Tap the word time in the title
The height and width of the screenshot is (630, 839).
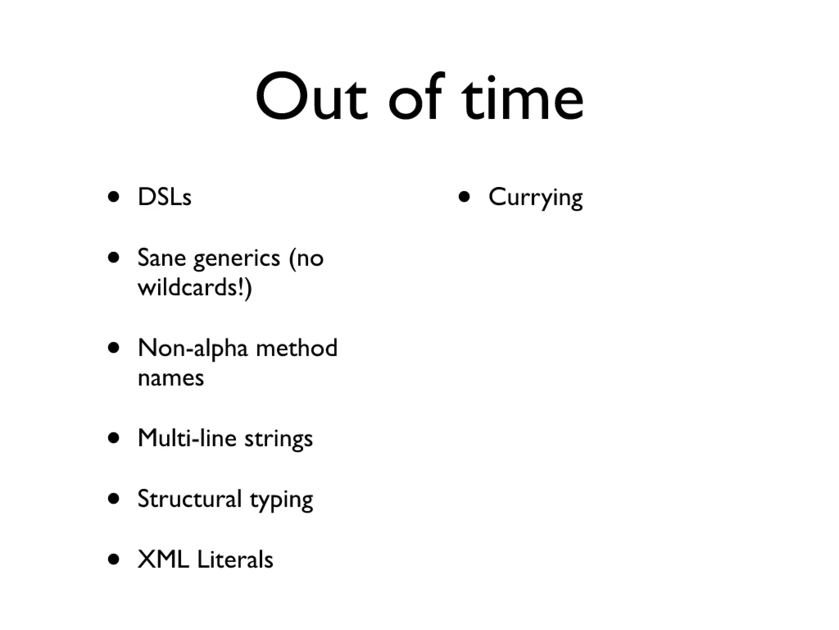tap(522, 98)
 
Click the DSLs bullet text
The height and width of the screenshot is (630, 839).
tap(164, 197)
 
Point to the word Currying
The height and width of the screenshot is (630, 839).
tap(535, 198)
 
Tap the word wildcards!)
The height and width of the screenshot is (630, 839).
tap(195, 287)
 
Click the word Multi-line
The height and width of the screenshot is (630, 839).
tap(187, 438)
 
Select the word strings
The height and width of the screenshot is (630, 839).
tap(279, 439)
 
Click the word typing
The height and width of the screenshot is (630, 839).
tap(281, 501)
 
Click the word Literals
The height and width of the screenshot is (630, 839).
tap(235, 559)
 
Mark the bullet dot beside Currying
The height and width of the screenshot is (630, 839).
tap(464, 197)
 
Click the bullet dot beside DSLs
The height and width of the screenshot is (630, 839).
tap(113, 197)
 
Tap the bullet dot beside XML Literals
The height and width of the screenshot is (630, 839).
tap(113, 559)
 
